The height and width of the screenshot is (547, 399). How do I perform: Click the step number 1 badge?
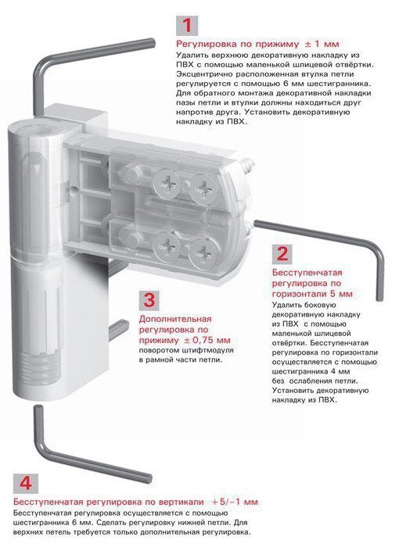(x=187, y=26)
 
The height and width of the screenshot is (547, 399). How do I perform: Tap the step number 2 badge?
(x=282, y=254)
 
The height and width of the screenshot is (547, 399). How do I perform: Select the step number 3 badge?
(x=149, y=300)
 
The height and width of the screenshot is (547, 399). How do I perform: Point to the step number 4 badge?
(x=26, y=484)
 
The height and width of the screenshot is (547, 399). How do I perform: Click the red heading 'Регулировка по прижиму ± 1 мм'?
(x=257, y=45)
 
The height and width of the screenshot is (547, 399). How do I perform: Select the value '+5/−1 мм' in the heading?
(x=235, y=502)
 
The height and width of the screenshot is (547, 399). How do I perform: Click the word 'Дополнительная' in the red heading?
(x=175, y=319)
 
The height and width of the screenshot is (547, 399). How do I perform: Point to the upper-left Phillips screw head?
(x=167, y=183)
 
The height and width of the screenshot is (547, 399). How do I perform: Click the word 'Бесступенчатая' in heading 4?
(x=48, y=502)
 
